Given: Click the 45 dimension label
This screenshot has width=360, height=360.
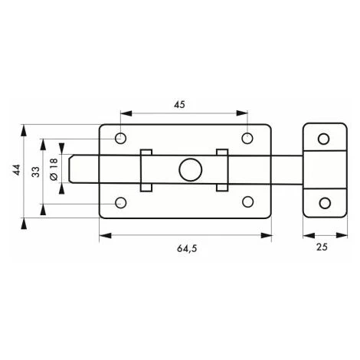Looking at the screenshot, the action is [179, 104].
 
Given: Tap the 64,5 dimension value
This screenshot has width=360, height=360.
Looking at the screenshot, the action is [187, 248].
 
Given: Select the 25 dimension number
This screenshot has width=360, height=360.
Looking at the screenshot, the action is [322, 247].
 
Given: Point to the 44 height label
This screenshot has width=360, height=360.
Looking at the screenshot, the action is [17, 170].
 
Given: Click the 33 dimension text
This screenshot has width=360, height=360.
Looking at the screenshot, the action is [36, 172].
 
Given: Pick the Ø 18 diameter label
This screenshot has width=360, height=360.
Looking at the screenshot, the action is [54, 169].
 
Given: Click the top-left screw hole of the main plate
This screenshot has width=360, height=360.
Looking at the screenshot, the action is [120, 139].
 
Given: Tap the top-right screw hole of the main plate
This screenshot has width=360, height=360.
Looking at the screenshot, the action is [247, 138].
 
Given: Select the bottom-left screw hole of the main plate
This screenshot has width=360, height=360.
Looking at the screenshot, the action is [121, 203].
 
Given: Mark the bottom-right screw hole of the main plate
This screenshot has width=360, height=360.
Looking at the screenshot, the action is [247, 201].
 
